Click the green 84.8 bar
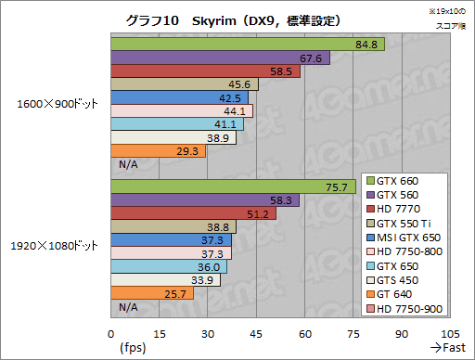click(248, 45)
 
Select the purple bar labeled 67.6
click(221, 58)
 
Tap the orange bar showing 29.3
click(159, 151)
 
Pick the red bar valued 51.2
click(194, 213)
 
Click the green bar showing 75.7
click(234, 186)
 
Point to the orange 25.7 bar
click(152, 293)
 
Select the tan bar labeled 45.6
click(185, 84)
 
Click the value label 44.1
click(235, 111)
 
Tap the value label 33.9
click(202, 280)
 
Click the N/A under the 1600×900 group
click(128, 164)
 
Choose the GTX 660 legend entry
click(392, 181)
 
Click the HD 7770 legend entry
click(393, 209)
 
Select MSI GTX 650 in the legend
click(404, 238)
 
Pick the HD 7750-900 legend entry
click(404, 309)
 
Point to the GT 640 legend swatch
click(370, 294)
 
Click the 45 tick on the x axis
click(256, 334)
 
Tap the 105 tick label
click(450, 334)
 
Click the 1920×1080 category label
click(55, 246)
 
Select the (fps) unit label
click(133, 348)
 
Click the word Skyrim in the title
click(214, 21)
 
